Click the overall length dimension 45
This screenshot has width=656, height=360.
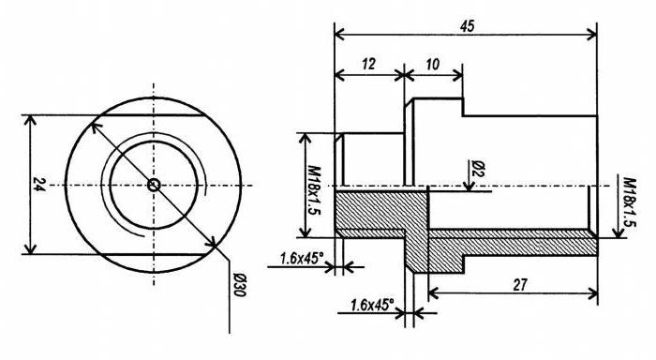[x=467, y=26]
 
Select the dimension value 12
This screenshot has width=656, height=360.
[x=368, y=64]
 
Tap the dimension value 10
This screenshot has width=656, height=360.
[x=433, y=64]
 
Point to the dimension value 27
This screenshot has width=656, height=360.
[x=520, y=285]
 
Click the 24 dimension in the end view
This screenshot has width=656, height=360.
[x=39, y=184]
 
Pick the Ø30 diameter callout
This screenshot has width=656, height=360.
[x=238, y=285]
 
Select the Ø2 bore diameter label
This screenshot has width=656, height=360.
[x=477, y=168]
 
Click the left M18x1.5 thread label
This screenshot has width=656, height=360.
[x=314, y=189]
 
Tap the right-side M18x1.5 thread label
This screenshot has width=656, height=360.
[x=630, y=202]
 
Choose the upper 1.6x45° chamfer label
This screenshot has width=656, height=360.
[x=302, y=258]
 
